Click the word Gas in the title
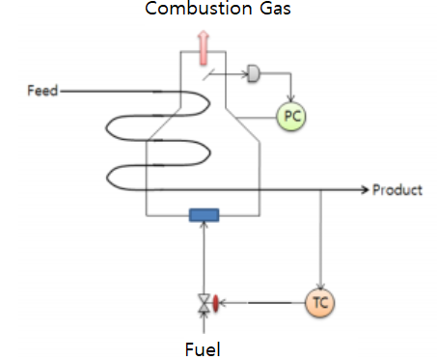271,11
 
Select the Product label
397,190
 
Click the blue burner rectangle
205,215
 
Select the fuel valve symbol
204,303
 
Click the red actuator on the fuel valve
216,303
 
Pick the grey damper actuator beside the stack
254,71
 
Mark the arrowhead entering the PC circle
289,101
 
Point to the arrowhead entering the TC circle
319,286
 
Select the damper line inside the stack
206,73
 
